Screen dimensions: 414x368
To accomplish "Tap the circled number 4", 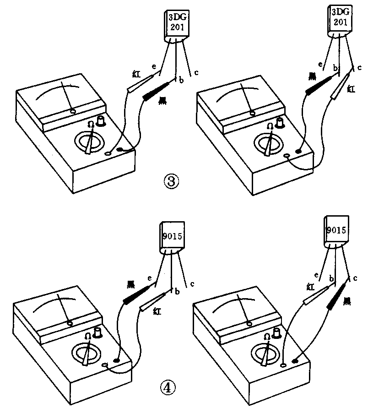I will click(x=168, y=387).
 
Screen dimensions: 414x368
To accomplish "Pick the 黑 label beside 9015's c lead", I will click(x=347, y=300).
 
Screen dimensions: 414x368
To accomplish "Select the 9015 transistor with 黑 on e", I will click(x=171, y=237).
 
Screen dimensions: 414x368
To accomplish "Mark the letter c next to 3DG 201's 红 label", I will click(x=360, y=69).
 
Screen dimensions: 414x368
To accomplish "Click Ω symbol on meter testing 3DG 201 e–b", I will click(x=91, y=124).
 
